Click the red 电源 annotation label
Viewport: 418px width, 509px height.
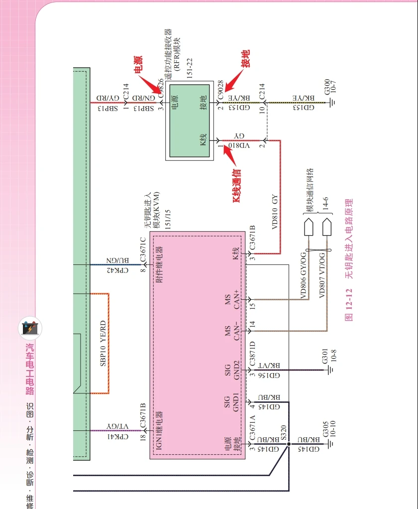click(138, 65)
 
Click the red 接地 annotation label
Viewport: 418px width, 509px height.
click(245, 59)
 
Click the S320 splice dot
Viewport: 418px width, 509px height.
click(289, 442)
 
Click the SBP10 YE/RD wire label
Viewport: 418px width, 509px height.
click(104, 343)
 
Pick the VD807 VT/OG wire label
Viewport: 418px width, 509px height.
click(322, 275)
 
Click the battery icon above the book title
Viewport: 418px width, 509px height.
click(30, 328)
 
